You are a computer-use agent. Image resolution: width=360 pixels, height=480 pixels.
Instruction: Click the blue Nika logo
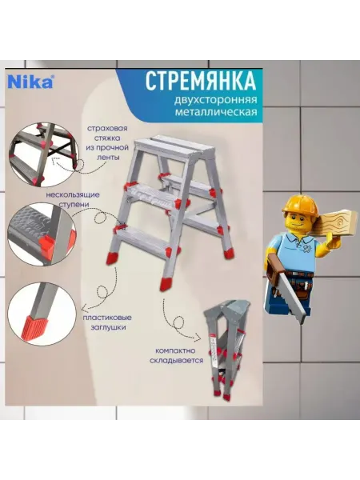30,82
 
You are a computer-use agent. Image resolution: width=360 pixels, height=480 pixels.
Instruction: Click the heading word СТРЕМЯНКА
201,81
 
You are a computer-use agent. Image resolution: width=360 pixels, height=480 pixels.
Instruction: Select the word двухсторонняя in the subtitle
215,100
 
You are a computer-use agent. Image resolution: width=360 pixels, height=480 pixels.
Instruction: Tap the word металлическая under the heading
216,112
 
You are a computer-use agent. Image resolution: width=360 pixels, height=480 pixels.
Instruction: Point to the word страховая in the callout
107,128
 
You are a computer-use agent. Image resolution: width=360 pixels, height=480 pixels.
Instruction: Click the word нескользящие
73,194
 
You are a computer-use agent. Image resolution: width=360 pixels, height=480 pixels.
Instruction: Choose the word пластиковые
107,318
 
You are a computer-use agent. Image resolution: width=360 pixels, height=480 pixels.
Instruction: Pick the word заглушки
108,327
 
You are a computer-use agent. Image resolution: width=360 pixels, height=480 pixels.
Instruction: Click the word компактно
175,351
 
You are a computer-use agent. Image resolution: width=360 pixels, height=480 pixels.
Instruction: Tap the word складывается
176,360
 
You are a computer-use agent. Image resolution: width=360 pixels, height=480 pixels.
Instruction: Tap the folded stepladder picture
227,350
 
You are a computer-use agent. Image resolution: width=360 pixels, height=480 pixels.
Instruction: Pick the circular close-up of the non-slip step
42,233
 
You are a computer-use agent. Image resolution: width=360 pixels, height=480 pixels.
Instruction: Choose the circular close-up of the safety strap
42,155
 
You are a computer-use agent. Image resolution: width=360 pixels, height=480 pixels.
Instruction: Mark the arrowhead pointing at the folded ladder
198,338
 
